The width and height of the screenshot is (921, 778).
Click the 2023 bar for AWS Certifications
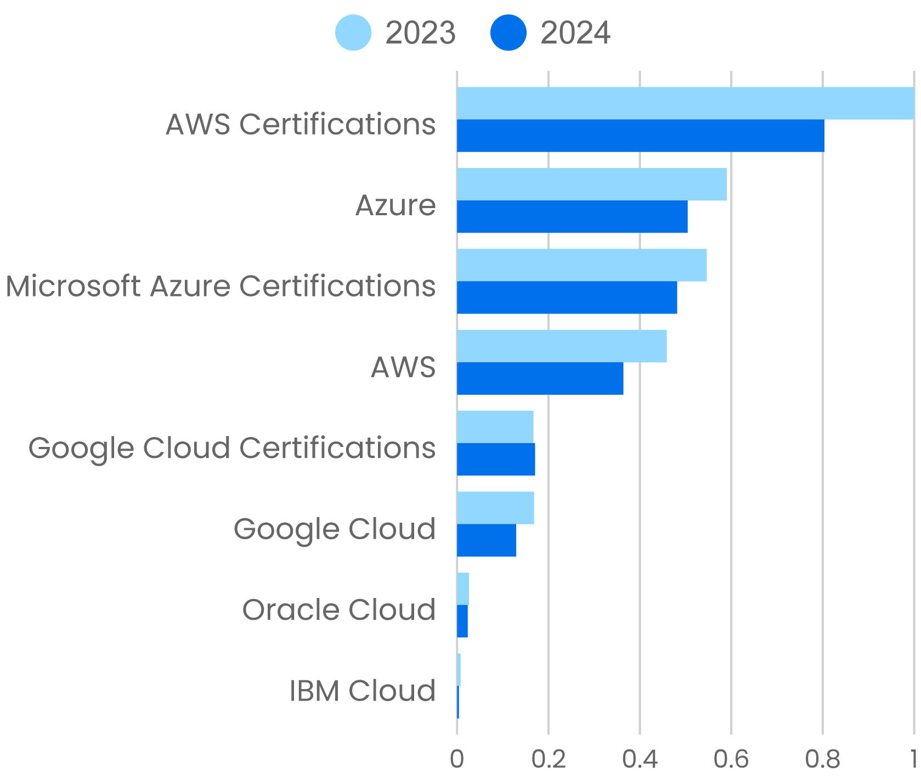tap(685, 103)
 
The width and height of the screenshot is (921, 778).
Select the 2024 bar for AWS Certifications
tap(640, 136)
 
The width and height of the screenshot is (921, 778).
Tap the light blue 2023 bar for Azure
tap(591, 184)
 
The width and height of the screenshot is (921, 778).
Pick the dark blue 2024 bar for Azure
tap(572, 217)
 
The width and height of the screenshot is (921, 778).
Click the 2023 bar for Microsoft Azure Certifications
tap(581, 265)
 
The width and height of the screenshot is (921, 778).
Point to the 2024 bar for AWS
tap(540, 378)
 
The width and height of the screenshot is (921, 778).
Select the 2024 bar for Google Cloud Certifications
tap(496, 460)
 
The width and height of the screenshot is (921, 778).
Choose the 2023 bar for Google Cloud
tap(495, 508)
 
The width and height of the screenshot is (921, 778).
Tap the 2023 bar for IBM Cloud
tap(459, 670)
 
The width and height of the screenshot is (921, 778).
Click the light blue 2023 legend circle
tap(353, 33)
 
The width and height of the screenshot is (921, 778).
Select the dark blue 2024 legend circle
tap(508, 33)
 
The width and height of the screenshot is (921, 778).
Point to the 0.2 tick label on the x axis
tap(549, 759)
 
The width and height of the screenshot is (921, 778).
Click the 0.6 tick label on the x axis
tap(731, 759)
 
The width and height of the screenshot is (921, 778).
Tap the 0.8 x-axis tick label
tap(822, 759)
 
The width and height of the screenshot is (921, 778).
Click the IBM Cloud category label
tap(363, 691)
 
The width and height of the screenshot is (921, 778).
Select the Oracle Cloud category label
tap(339, 610)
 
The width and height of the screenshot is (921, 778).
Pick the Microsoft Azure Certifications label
tap(221, 287)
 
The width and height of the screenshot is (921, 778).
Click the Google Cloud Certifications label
tap(232, 448)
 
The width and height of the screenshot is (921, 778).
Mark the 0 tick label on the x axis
tap(456, 759)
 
